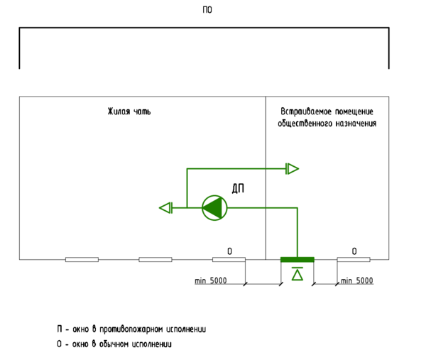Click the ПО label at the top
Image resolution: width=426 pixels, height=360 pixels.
[x=207, y=10]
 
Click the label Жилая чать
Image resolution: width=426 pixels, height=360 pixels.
[x=129, y=112]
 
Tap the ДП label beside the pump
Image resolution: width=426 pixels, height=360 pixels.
[x=239, y=188]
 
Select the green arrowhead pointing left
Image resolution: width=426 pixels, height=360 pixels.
[x=165, y=207]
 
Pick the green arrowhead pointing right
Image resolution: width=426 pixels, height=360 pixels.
[x=293, y=169]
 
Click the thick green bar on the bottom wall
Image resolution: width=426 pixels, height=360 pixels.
[x=297, y=259]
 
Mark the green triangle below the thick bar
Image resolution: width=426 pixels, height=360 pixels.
[x=297, y=273]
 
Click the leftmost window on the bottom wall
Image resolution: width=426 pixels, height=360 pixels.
[x=82, y=260]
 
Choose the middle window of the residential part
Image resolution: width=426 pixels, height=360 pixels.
[x=155, y=260]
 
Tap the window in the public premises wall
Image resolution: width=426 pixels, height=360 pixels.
[x=354, y=260]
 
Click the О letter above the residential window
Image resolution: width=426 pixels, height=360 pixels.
[x=229, y=251]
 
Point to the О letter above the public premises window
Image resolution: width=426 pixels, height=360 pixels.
[x=354, y=251]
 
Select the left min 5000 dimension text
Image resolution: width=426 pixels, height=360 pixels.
[x=210, y=281]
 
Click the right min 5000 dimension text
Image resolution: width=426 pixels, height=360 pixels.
[x=356, y=281]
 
